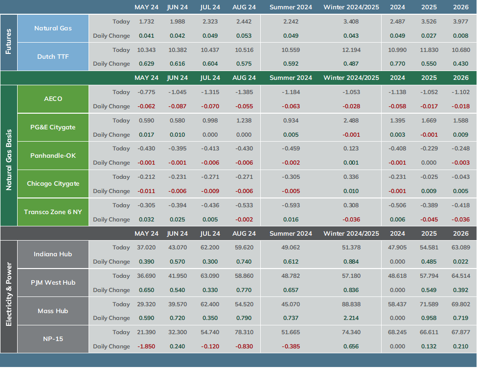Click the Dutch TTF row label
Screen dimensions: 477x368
click(x=53, y=57)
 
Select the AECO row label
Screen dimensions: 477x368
click(x=53, y=98)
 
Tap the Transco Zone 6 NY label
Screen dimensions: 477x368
click(x=53, y=212)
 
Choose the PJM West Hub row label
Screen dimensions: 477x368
click(x=53, y=283)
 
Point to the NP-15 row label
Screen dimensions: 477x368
click(x=53, y=339)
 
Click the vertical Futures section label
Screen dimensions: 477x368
click(x=8, y=42)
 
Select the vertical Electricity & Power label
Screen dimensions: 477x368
click(x=8, y=294)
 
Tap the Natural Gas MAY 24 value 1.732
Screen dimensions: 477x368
click(x=147, y=22)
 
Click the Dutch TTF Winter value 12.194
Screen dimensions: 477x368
click(x=351, y=50)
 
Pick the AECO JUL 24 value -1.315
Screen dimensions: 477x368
click(x=210, y=92)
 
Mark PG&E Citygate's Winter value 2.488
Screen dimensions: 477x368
click(x=351, y=121)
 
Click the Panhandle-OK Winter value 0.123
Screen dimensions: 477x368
click(x=351, y=148)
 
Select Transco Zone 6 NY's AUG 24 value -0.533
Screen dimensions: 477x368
click(x=244, y=205)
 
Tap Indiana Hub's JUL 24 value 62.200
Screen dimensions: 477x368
click(x=210, y=247)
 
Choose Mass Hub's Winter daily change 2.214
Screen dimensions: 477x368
click(x=351, y=318)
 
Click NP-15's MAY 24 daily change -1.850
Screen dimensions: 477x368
click(x=146, y=346)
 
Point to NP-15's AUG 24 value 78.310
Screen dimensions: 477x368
click(x=244, y=332)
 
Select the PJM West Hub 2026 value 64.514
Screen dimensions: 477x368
click(x=461, y=276)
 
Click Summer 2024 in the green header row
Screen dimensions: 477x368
click(x=291, y=78)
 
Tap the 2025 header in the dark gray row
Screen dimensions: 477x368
click(x=429, y=234)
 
